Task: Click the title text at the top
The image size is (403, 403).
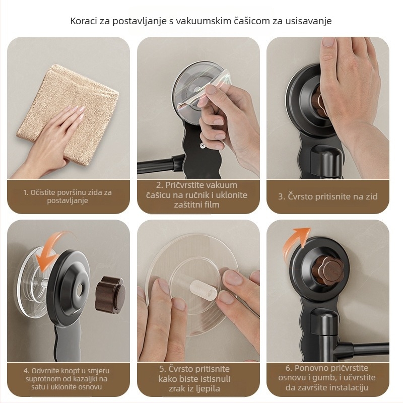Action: [201, 21]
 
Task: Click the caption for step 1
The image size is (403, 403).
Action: [68, 196]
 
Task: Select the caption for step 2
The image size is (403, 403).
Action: [196, 195]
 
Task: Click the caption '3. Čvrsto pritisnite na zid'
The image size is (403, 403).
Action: [327, 196]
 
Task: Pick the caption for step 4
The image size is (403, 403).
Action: [68, 378]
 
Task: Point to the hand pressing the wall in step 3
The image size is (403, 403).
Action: [348, 86]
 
